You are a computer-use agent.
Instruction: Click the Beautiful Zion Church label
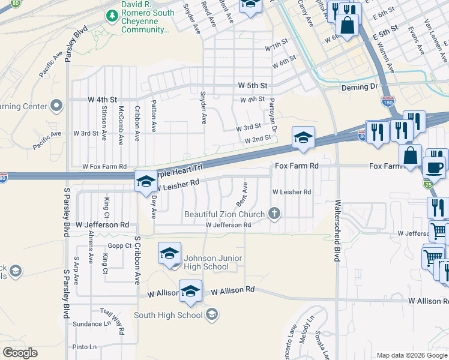[x=224, y=214]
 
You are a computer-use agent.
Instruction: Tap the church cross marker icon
[x=274, y=214]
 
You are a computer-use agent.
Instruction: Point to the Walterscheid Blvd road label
[x=337, y=230]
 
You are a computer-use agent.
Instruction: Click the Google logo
[x=20, y=353]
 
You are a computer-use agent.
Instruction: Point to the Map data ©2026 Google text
[x=411, y=355]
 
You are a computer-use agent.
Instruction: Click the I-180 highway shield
[x=388, y=100]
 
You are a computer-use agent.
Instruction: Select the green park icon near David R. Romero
[x=111, y=14]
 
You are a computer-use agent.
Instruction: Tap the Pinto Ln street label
[x=84, y=347]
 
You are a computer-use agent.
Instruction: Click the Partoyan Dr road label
[x=273, y=115]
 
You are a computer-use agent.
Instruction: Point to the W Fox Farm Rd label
[x=104, y=166]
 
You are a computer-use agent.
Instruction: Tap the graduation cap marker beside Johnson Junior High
[x=169, y=254]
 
